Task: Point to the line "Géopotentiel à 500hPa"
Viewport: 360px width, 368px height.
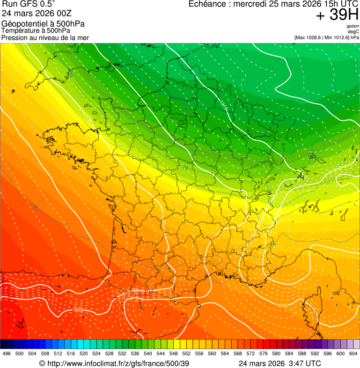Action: pyautogui.click(x=43, y=24)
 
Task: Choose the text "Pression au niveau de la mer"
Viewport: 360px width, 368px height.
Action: pyautogui.click(x=45, y=37)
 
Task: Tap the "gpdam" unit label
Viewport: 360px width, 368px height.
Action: pyautogui.click(x=353, y=26)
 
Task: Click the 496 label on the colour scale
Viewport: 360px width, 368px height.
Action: pyautogui.click(x=7, y=354)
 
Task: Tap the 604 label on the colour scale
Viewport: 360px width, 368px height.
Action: pyautogui.click(x=353, y=354)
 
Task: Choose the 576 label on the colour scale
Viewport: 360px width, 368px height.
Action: pyautogui.click(x=264, y=354)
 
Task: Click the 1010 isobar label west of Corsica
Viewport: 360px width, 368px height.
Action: pyautogui.click(x=282, y=305)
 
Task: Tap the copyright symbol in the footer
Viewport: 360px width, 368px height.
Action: pyautogui.click(x=42, y=363)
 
